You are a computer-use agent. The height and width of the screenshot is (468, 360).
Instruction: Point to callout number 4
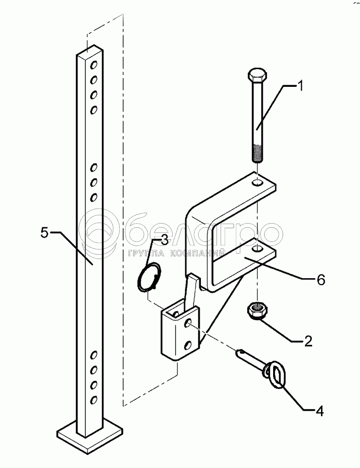tap(319, 410)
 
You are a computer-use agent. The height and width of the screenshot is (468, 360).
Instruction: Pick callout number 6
tap(321, 280)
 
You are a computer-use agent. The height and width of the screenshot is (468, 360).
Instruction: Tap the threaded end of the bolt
tap(258, 154)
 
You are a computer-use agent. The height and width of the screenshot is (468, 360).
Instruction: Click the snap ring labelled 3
tap(150, 277)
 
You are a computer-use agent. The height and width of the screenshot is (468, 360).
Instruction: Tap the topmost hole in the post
tap(94, 66)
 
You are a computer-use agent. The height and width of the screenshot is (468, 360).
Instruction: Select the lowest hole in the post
tap(94, 400)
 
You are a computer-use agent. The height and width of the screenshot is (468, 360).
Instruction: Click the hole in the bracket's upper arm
tap(256, 183)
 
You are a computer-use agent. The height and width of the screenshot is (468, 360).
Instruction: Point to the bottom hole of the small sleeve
tap(189, 344)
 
